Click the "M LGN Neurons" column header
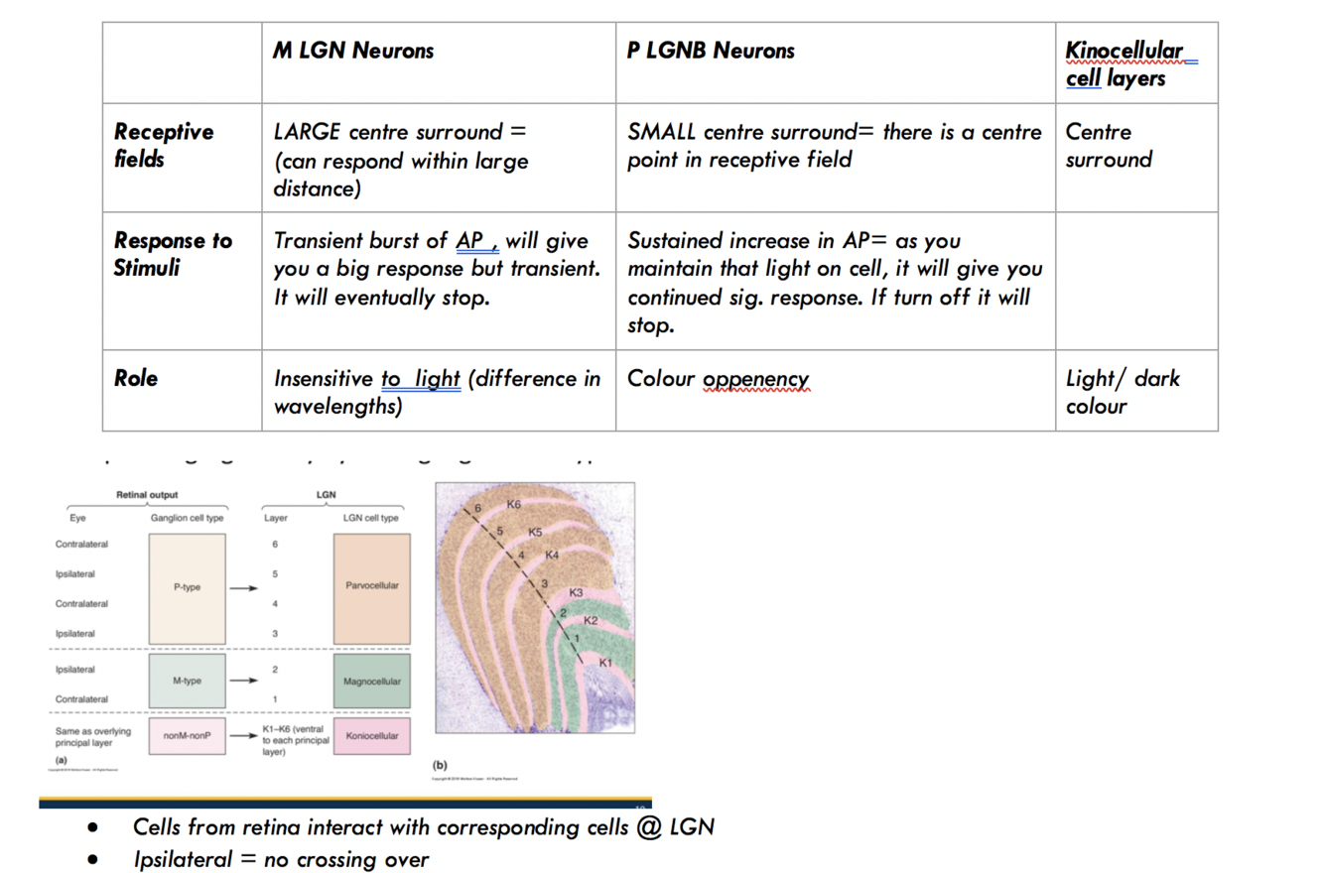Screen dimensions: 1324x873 pyautogui.click(x=353, y=51)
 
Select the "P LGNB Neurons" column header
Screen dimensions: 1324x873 pyautogui.click(x=711, y=51)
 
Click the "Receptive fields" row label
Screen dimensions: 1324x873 pyautogui.click(x=164, y=145)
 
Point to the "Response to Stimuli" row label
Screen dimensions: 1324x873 pyautogui.click(x=173, y=253)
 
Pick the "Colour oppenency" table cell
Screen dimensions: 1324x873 pyautogui.click(x=718, y=379)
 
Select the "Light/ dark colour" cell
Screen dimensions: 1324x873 pyautogui.click(x=1123, y=392)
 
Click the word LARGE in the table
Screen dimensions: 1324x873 pyautogui.click(x=308, y=132)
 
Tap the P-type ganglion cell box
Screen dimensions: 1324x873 pyautogui.click(x=187, y=587)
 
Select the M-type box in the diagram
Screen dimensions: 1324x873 pyautogui.click(x=187, y=681)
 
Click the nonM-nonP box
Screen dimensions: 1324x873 pyautogui.click(x=187, y=736)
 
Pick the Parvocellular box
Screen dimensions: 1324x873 pyautogui.click(x=372, y=586)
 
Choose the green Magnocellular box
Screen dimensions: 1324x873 pyautogui.click(x=372, y=682)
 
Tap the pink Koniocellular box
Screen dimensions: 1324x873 pyautogui.click(x=372, y=736)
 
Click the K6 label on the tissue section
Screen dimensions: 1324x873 pyautogui.click(x=513, y=505)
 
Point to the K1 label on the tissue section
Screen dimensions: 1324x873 pyautogui.click(x=606, y=662)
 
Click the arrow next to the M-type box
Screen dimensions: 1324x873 pyautogui.click(x=244, y=682)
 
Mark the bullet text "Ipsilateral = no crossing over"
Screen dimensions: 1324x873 pyautogui.click(x=281, y=858)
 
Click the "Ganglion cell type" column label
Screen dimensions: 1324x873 pyautogui.click(x=188, y=517)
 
